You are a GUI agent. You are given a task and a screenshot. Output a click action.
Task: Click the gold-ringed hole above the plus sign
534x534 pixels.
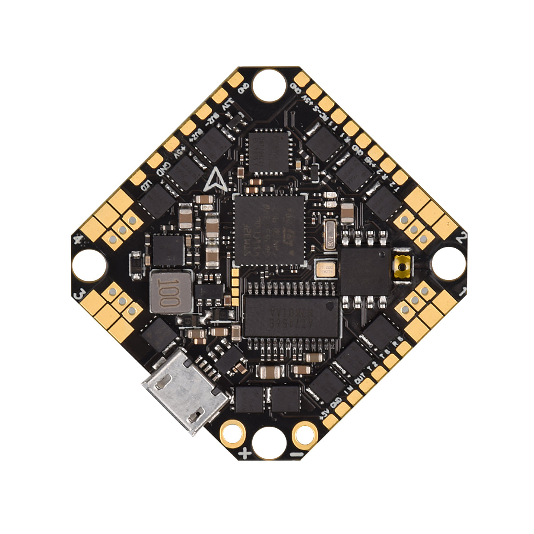[232, 432]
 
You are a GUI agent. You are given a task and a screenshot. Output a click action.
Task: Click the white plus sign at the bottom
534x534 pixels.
[244, 454]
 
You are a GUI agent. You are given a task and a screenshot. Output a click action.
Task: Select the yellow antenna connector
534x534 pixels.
[403, 267]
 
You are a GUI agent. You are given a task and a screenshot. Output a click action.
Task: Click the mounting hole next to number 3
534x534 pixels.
[89, 266]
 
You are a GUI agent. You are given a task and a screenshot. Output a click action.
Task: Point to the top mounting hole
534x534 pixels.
[269, 85]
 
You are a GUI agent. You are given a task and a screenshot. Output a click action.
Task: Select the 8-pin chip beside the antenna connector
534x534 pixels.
[365, 269]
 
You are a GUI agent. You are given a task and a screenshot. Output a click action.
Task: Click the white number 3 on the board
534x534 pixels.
[80, 294]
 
